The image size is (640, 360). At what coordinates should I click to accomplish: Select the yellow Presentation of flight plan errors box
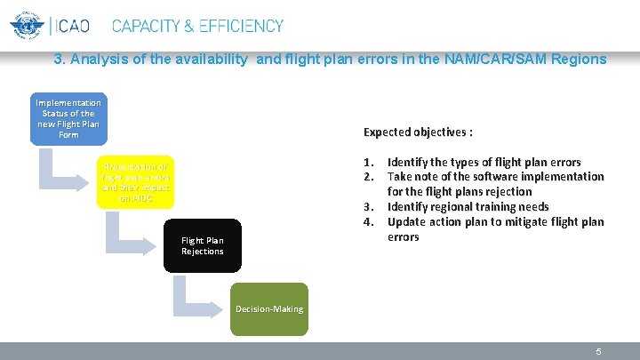135,182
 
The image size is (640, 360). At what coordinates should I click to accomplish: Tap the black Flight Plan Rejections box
203,245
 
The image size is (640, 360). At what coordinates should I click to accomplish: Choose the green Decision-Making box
268,308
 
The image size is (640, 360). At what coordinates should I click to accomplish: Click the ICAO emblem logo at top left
27,27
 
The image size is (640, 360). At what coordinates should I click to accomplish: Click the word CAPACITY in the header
153,27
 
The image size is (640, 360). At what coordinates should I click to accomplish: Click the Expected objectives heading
418,132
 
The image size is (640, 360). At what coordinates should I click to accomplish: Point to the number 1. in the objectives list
369,162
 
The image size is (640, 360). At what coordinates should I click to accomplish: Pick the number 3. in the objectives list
369,207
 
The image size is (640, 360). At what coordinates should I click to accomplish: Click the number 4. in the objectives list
369,221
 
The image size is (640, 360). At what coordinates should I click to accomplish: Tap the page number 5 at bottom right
599,351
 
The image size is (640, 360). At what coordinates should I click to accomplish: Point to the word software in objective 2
492,177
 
